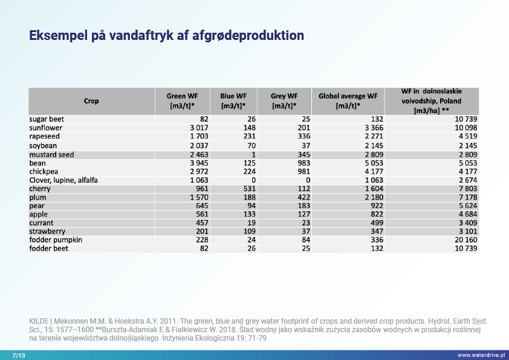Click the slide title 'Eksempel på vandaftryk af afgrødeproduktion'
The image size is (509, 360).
(x=166, y=36)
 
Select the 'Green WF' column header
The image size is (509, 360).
(x=182, y=101)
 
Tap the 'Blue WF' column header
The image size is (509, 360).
(x=233, y=101)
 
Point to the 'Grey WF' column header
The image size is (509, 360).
(x=284, y=101)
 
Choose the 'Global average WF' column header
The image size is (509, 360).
(x=348, y=101)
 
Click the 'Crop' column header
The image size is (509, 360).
(x=91, y=101)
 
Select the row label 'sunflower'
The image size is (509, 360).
(x=46, y=128)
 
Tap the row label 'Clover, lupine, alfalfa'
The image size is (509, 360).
(x=63, y=180)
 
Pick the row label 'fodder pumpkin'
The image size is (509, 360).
(x=56, y=240)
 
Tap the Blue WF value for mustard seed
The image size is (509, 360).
(x=253, y=154)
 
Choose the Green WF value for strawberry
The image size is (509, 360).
(x=201, y=232)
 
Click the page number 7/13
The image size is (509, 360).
(x=18, y=354)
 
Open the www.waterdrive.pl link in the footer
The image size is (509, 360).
(x=481, y=354)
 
